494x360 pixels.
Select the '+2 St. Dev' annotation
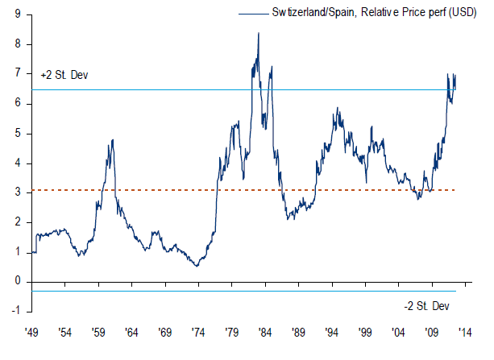pyautogui.click(x=64, y=75)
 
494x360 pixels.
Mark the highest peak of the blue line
pyautogui.click(x=258, y=33)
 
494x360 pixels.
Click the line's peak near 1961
pyautogui.click(x=112, y=140)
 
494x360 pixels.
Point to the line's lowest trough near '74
pyautogui.click(x=197, y=266)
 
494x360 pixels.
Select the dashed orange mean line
pyautogui.click(x=161, y=190)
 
